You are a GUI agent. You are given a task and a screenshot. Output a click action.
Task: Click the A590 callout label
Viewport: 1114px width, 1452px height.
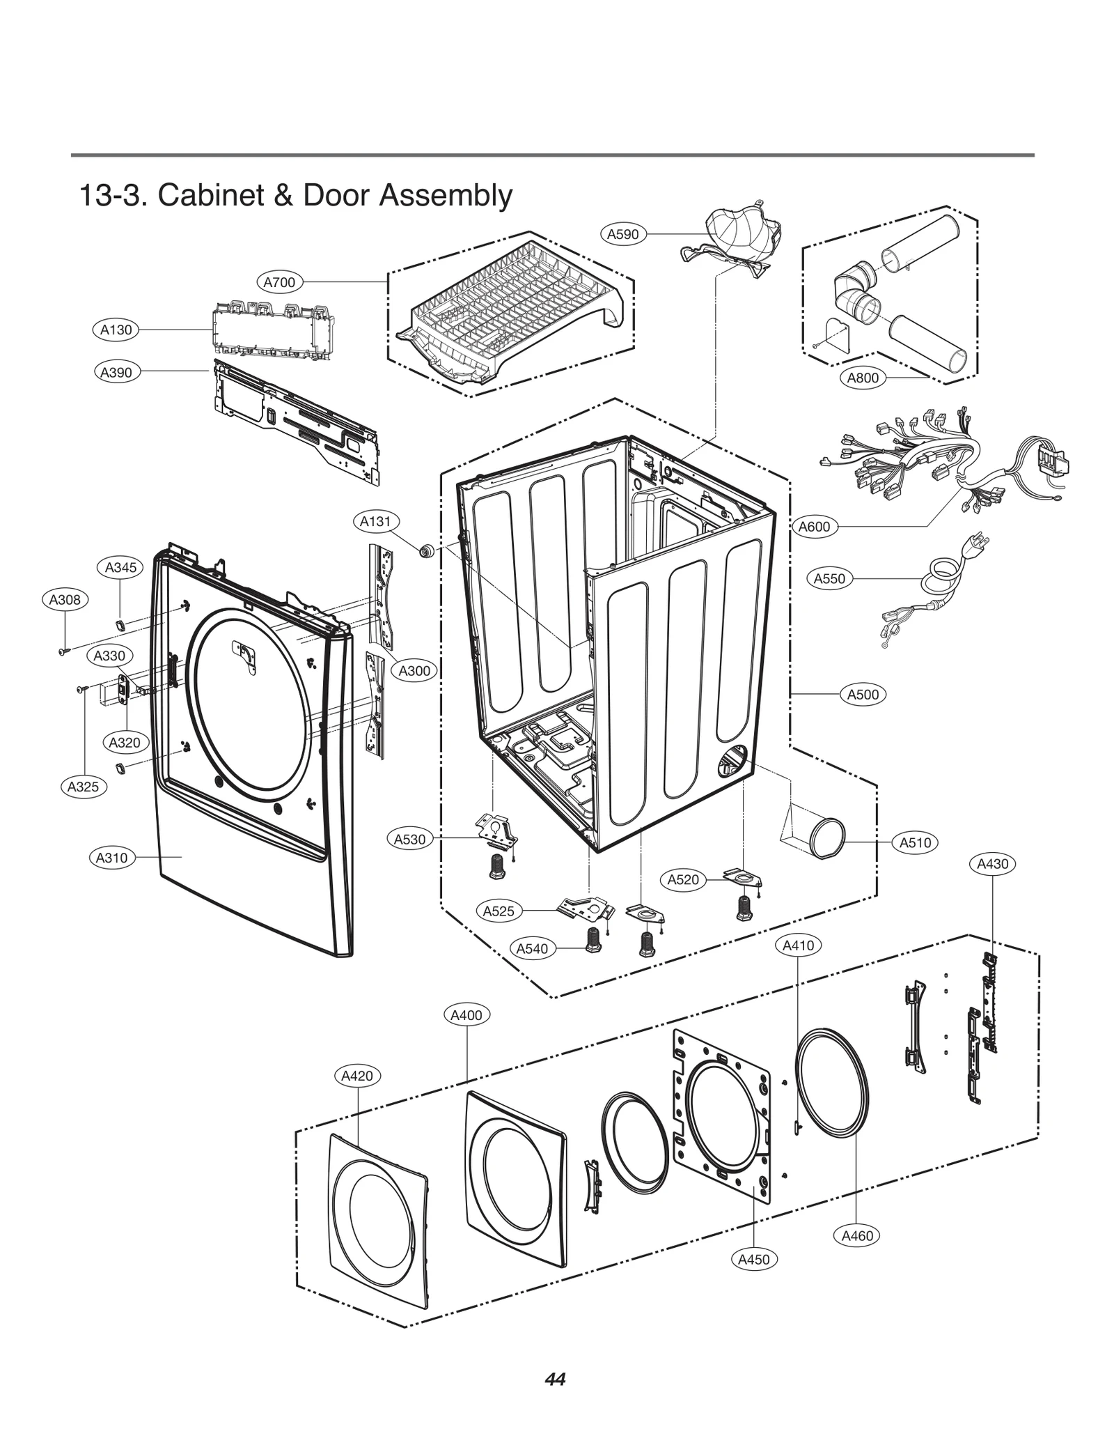coord(622,234)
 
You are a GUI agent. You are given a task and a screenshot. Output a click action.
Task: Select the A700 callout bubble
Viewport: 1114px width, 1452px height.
coord(279,282)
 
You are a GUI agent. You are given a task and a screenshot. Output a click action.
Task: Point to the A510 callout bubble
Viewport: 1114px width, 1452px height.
coord(915,842)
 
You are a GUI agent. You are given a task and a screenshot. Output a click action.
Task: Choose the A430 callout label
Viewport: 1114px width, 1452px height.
coord(992,864)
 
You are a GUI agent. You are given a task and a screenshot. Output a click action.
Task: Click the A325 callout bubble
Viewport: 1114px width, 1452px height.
coord(83,787)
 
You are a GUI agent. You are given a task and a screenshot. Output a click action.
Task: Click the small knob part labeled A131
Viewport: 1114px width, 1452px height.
coord(426,551)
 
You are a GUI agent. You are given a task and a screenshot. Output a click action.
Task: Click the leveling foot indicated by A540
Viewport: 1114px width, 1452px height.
coord(593,940)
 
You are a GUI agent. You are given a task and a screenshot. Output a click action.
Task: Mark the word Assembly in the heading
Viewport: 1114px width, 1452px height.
coord(446,196)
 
